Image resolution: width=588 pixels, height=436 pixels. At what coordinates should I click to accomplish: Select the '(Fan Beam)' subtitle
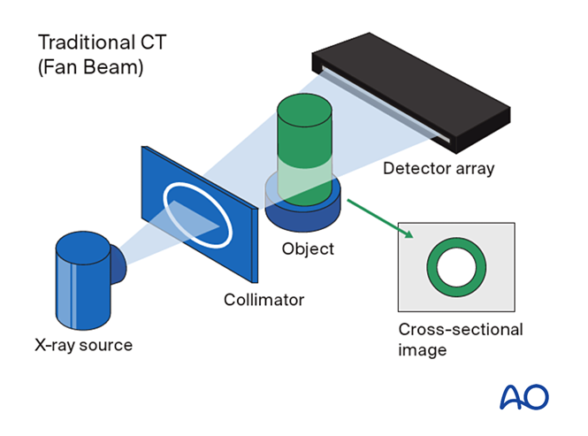[x=89, y=67]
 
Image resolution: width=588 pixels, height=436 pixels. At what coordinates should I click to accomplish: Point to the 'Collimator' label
[x=263, y=300]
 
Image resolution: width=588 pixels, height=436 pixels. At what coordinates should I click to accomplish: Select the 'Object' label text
[x=308, y=249]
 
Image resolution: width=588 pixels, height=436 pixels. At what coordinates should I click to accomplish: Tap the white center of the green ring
[x=456, y=266]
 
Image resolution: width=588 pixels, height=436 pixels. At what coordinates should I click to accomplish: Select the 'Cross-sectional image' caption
[x=460, y=340]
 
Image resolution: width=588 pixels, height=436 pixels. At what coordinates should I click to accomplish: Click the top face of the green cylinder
[x=303, y=105]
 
